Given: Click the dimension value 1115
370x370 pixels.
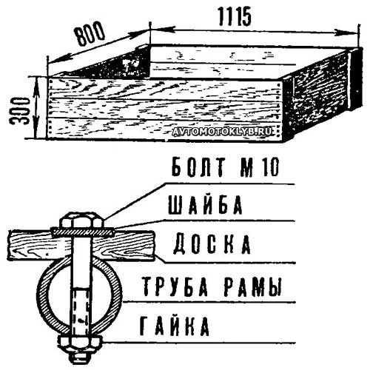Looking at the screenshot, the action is [x=235, y=16].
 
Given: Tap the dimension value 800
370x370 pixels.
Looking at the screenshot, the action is [x=90, y=34].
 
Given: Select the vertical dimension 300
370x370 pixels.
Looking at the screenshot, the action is [x=19, y=111].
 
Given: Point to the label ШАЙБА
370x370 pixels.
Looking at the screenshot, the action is [x=205, y=205].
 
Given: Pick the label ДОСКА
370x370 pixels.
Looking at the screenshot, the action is [x=212, y=244].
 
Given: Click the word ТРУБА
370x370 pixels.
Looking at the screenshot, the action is [x=175, y=286].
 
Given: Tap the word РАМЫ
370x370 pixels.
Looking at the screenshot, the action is [x=253, y=286].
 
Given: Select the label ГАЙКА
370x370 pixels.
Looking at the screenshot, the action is [x=175, y=326].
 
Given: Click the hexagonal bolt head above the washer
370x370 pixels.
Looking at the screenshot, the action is [x=81, y=221].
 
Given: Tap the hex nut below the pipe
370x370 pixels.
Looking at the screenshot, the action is [x=81, y=343].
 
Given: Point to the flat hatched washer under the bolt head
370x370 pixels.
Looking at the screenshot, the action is [x=82, y=232].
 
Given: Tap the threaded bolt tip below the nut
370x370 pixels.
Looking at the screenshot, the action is [x=81, y=357].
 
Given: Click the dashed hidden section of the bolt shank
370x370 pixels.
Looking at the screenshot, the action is [x=81, y=312].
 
